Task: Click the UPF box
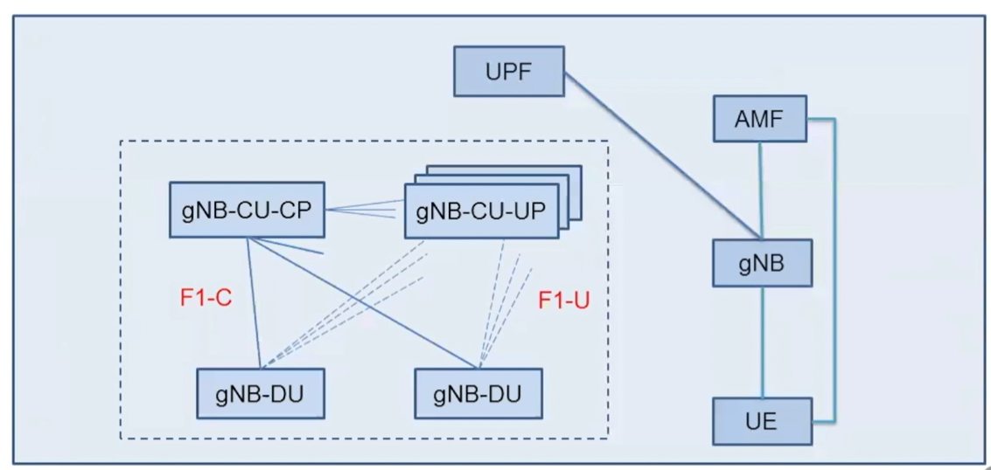pos(508,71)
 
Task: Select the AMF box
pos(759,118)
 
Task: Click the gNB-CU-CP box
pos(247,210)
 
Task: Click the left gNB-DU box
pos(260,394)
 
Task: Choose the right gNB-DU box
pos(478,394)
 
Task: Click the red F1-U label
pos(563,301)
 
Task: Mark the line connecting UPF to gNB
pos(665,157)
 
